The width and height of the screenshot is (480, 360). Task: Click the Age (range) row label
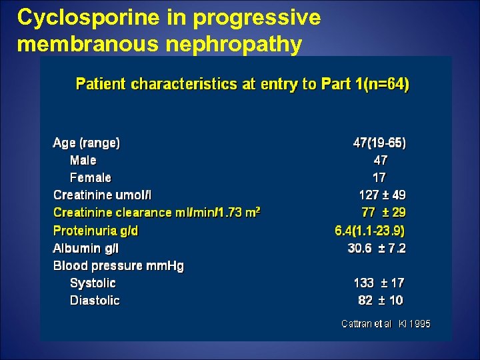87,143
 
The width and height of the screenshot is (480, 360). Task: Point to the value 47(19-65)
379,143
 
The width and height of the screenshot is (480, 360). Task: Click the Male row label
83,161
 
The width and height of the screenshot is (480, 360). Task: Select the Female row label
91,178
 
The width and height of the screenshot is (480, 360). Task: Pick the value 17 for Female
379,178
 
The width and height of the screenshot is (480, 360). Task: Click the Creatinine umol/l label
103,195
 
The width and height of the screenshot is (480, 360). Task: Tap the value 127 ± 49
382,195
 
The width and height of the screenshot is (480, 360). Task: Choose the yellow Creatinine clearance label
156,213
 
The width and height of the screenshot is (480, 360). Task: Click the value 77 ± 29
383,213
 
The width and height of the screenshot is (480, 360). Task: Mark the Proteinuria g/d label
96,231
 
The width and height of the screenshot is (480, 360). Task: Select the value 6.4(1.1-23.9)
369,231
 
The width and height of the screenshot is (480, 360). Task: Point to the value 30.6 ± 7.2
377,248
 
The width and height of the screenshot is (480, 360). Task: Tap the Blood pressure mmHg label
119,266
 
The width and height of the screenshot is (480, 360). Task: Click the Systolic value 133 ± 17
379,283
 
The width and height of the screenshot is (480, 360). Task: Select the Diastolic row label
95,301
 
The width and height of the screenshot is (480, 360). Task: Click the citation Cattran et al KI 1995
386,324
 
